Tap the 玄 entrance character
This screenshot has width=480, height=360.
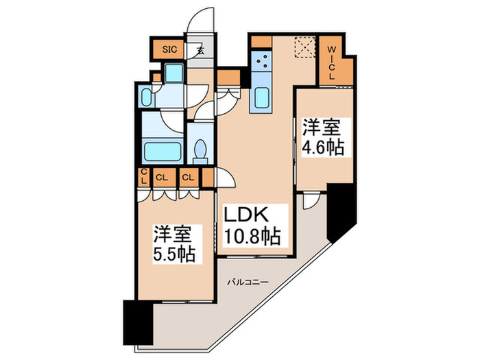200,50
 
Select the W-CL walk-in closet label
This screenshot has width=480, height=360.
331,63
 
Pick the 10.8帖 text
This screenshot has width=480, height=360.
252,237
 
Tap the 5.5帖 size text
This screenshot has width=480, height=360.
174,254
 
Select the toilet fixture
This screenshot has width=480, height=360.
201,149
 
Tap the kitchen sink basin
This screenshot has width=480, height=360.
261,99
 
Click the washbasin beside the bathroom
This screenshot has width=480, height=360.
148,97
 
